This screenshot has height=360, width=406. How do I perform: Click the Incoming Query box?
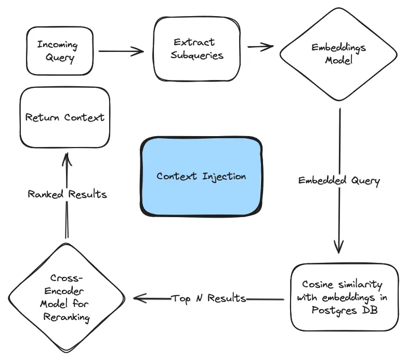(x=60, y=51)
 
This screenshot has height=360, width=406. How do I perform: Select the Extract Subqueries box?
(x=197, y=48)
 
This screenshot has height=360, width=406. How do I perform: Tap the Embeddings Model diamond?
(x=339, y=54)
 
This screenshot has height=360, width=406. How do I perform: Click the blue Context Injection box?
(x=201, y=176)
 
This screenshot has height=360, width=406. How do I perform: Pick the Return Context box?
(x=64, y=117)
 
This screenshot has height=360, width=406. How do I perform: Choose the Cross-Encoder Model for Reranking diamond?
(x=66, y=298)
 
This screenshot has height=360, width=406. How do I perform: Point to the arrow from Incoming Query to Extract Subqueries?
(x=121, y=51)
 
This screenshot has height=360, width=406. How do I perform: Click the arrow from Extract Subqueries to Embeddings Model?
(x=260, y=47)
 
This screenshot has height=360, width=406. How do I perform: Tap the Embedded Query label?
(x=339, y=181)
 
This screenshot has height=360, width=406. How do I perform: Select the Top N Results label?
(x=208, y=298)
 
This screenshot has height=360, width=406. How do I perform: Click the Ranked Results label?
(x=67, y=194)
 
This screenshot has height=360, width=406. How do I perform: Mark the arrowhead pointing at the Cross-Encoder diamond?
(x=138, y=298)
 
